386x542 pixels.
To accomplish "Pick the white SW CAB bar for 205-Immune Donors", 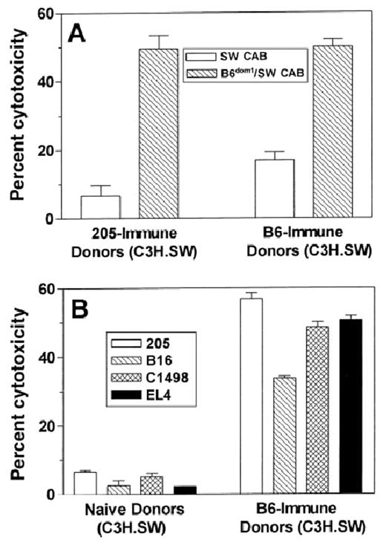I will click(x=100, y=207).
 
